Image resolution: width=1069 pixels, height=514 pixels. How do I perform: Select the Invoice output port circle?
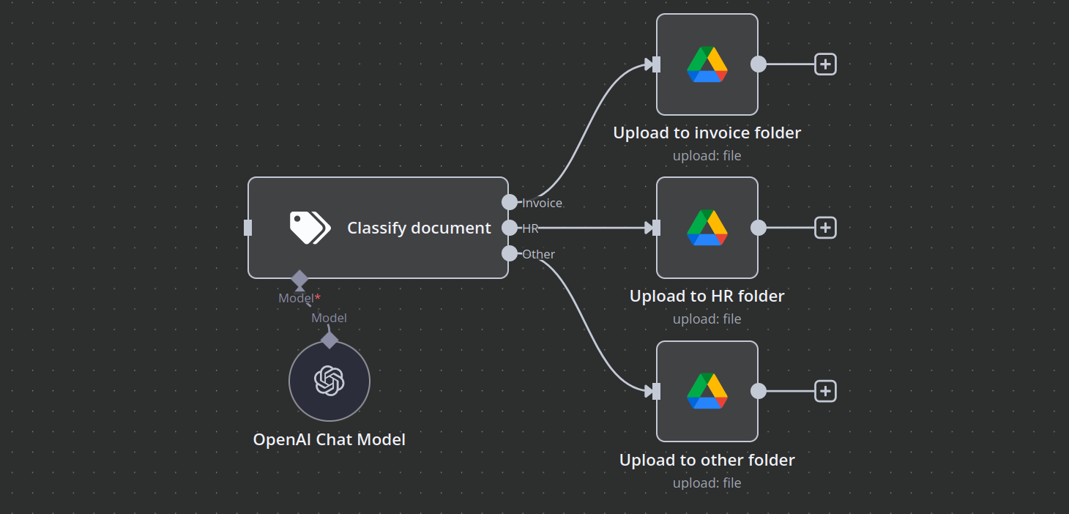click(510, 202)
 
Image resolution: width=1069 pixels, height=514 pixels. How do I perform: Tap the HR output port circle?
click(510, 228)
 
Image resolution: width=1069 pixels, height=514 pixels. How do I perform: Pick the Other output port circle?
click(510, 253)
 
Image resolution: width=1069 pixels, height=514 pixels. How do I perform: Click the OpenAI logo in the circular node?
click(329, 381)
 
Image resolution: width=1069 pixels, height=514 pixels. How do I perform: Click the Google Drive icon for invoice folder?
click(707, 64)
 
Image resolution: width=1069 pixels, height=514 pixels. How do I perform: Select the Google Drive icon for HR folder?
click(707, 228)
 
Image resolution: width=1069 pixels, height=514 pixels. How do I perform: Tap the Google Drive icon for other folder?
click(707, 391)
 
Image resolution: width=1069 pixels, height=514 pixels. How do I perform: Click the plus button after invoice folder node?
click(825, 64)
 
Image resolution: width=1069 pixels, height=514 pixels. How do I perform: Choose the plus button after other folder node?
click(825, 391)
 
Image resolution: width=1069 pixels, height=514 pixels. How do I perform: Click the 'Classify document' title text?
click(419, 228)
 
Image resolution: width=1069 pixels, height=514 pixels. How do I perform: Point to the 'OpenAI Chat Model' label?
click(329, 439)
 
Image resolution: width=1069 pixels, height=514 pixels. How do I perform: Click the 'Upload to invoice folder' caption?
click(707, 133)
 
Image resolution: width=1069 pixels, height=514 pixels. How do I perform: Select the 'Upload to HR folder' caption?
click(707, 296)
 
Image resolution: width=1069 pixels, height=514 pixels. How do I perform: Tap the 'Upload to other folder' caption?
click(707, 460)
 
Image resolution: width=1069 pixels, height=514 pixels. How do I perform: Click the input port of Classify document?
click(247, 228)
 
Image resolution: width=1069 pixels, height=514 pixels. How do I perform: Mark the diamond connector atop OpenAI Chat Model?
click(329, 340)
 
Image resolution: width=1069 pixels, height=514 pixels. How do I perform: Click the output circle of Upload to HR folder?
click(759, 228)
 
